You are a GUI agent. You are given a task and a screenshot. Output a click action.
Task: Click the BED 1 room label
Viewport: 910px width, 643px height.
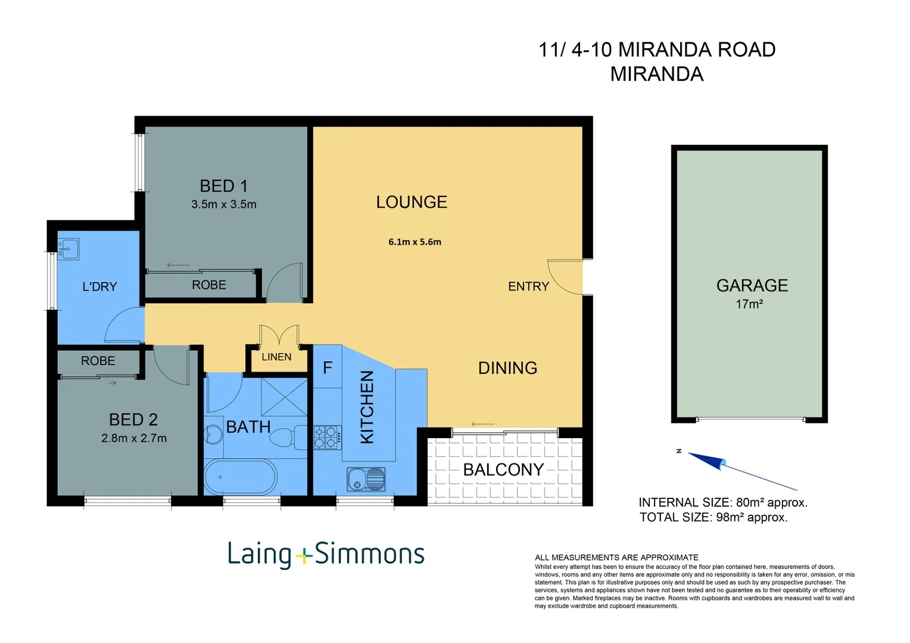click(x=223, y=186)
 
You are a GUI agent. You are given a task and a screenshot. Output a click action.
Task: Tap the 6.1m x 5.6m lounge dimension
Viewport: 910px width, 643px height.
click(x=415, y=242)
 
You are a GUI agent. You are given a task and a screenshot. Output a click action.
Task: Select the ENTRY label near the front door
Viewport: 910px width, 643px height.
click(x=528, y=286)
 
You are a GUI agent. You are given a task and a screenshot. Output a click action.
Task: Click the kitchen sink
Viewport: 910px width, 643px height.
click(x=366, y=479)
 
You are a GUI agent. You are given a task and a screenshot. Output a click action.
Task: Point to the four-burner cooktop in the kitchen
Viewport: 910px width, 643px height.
click(x=328, y=437)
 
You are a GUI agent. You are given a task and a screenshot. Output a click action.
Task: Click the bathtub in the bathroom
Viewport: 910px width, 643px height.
click(x=240, y=477)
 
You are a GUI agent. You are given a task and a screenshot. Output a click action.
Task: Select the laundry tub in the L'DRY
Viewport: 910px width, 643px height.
click(x=68, y=248)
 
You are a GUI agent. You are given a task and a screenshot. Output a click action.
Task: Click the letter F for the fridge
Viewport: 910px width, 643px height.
click(x=328, y=368)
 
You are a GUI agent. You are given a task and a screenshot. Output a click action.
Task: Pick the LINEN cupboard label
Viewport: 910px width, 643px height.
click(x=276, y=357)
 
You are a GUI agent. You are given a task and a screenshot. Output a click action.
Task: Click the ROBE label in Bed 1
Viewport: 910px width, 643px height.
click(x=209, y=285)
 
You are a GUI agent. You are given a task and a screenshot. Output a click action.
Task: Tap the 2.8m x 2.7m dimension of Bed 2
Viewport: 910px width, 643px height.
click(x=134, y=438)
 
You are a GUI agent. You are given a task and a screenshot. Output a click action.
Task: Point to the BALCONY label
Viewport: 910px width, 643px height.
click(x=503, y=470)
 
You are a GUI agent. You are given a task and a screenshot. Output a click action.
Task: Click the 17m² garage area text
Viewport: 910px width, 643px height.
click(x=749, y=304)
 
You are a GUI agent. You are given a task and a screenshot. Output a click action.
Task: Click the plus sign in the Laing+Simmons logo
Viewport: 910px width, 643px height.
click(x=303, y=556)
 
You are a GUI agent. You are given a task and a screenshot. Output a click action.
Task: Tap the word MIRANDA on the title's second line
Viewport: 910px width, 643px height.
click(x=656, y=74)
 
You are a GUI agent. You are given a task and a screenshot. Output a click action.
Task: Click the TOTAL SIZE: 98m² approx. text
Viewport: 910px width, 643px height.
click(x=713, y=517)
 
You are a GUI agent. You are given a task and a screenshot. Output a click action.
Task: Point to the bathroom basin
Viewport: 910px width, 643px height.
click(x=213, y=434)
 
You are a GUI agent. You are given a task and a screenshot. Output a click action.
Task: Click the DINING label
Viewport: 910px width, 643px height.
click(x=507, y=368)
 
